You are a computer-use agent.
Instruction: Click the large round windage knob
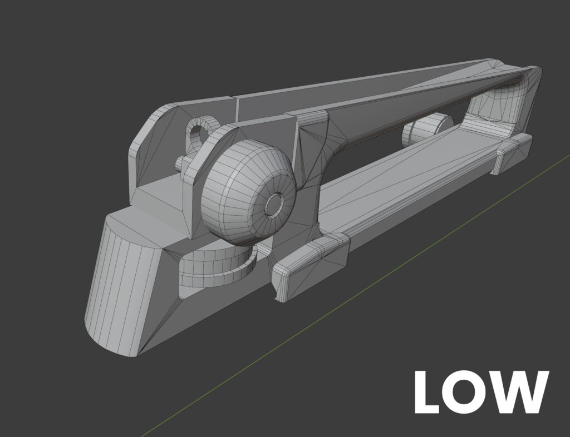pos(245,192)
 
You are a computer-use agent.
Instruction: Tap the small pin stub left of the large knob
pos(180,163)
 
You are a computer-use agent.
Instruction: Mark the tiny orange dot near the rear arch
pos(480,95)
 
